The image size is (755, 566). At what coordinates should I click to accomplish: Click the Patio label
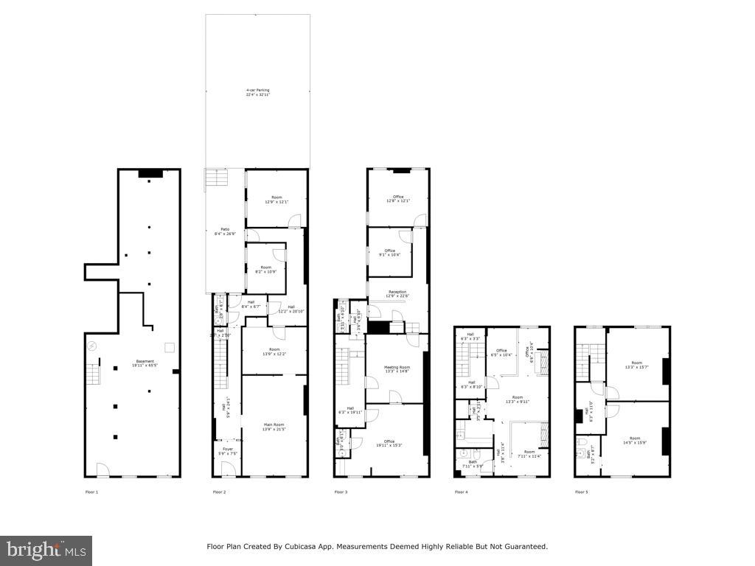click(220, 231)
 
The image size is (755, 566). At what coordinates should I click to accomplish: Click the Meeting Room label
click(397, 368)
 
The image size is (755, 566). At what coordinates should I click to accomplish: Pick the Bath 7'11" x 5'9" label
click(473, 464)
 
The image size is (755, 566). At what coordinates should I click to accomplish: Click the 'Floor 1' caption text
click(91, 492)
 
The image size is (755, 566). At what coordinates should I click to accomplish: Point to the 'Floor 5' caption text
click(582, 492)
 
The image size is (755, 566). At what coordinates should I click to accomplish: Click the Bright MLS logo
click(46, 550)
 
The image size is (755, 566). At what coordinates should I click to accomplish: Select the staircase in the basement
click(92, 374)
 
